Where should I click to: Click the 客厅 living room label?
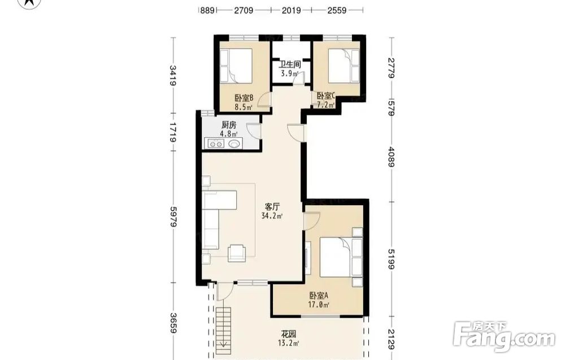click(272, 207)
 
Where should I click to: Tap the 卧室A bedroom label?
click(319, 296)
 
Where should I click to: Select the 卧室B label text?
click(244, 98)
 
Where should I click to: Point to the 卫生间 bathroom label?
click(290, 65)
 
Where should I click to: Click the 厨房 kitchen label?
click(229, 125)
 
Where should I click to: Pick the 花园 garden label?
click(289, 334)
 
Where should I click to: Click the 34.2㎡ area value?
click(272, 216)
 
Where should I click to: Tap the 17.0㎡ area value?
click(319, 305)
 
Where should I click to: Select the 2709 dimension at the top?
click(244, 10)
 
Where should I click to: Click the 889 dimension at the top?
click(207, 10)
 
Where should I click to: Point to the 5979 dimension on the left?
click(173, 217)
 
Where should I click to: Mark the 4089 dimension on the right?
click(392, 157)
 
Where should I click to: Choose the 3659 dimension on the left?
click(173, 323)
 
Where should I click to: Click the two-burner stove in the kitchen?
click(216, 144)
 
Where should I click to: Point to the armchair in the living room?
click(237, 253)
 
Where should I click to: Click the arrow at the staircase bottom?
click(224, 344)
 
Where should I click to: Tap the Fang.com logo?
click(504, 337)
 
